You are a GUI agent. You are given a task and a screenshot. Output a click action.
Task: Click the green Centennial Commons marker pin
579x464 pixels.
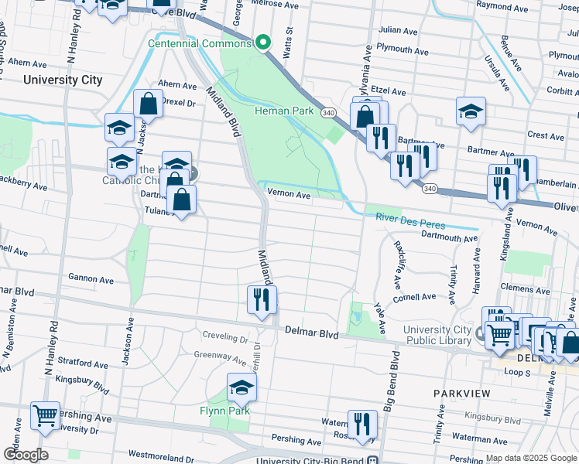(x=263, y=43)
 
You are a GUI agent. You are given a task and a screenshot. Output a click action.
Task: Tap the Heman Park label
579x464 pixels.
(x=284, y=111)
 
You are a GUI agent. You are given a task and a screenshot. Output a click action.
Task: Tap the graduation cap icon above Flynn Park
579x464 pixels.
(x=242, y=387)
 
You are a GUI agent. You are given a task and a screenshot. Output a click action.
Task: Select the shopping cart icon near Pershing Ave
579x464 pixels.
(x=45, y=415)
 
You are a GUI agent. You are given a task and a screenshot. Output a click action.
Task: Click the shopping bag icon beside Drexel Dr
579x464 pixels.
(x=148, y=104)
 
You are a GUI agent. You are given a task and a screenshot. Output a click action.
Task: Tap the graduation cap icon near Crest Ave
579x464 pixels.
(x=470, y=111)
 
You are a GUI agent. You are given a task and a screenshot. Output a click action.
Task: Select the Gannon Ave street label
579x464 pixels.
(x=91, y=279)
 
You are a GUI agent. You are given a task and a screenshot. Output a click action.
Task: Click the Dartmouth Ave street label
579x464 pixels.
(x=451, y=239)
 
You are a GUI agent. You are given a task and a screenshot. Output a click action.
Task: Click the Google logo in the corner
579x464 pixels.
(x=26, y=454)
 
